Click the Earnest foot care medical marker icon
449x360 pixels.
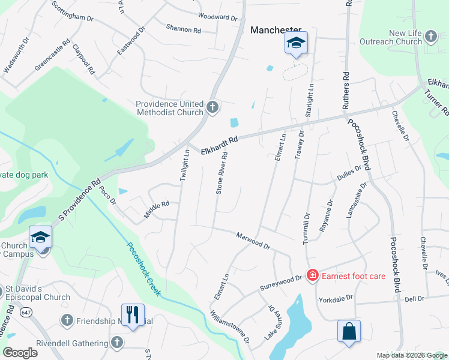click(312, 275)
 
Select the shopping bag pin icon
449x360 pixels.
click(349, 331)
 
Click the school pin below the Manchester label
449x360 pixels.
click(296, 43)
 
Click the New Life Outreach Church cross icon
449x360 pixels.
click(431, 37)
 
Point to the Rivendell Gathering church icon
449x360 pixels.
click(117, 343)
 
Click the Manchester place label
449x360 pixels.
click(276, 29)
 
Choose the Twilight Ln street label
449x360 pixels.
click(185, 164)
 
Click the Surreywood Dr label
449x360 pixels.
click(281, 282)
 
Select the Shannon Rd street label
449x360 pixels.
click(184, 29)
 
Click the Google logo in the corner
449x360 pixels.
click(20, 353)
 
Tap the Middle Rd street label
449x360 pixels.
click(157, 209)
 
